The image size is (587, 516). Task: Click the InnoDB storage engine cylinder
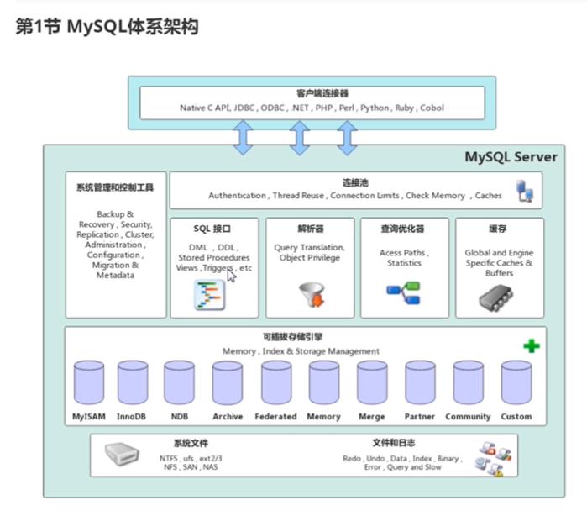133,382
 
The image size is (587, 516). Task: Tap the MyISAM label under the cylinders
89,416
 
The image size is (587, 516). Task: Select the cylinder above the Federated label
276,382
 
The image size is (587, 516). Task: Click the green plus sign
532,346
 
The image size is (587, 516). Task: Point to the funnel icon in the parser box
312,294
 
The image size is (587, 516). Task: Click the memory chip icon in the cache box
496,297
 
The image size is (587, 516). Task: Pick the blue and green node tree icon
403,292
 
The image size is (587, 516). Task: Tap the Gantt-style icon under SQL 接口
210,295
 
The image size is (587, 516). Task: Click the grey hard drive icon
122,454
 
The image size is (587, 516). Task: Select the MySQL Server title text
511,156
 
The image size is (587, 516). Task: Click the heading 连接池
355,182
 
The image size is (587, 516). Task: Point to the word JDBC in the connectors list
244,108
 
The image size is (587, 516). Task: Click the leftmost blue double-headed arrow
243,138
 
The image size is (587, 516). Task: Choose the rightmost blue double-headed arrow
347,138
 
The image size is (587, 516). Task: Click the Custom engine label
516,416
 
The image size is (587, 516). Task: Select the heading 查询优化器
402,229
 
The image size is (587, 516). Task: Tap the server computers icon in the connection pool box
525,191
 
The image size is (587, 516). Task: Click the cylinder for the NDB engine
180,382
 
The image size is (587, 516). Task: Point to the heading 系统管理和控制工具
115,187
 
